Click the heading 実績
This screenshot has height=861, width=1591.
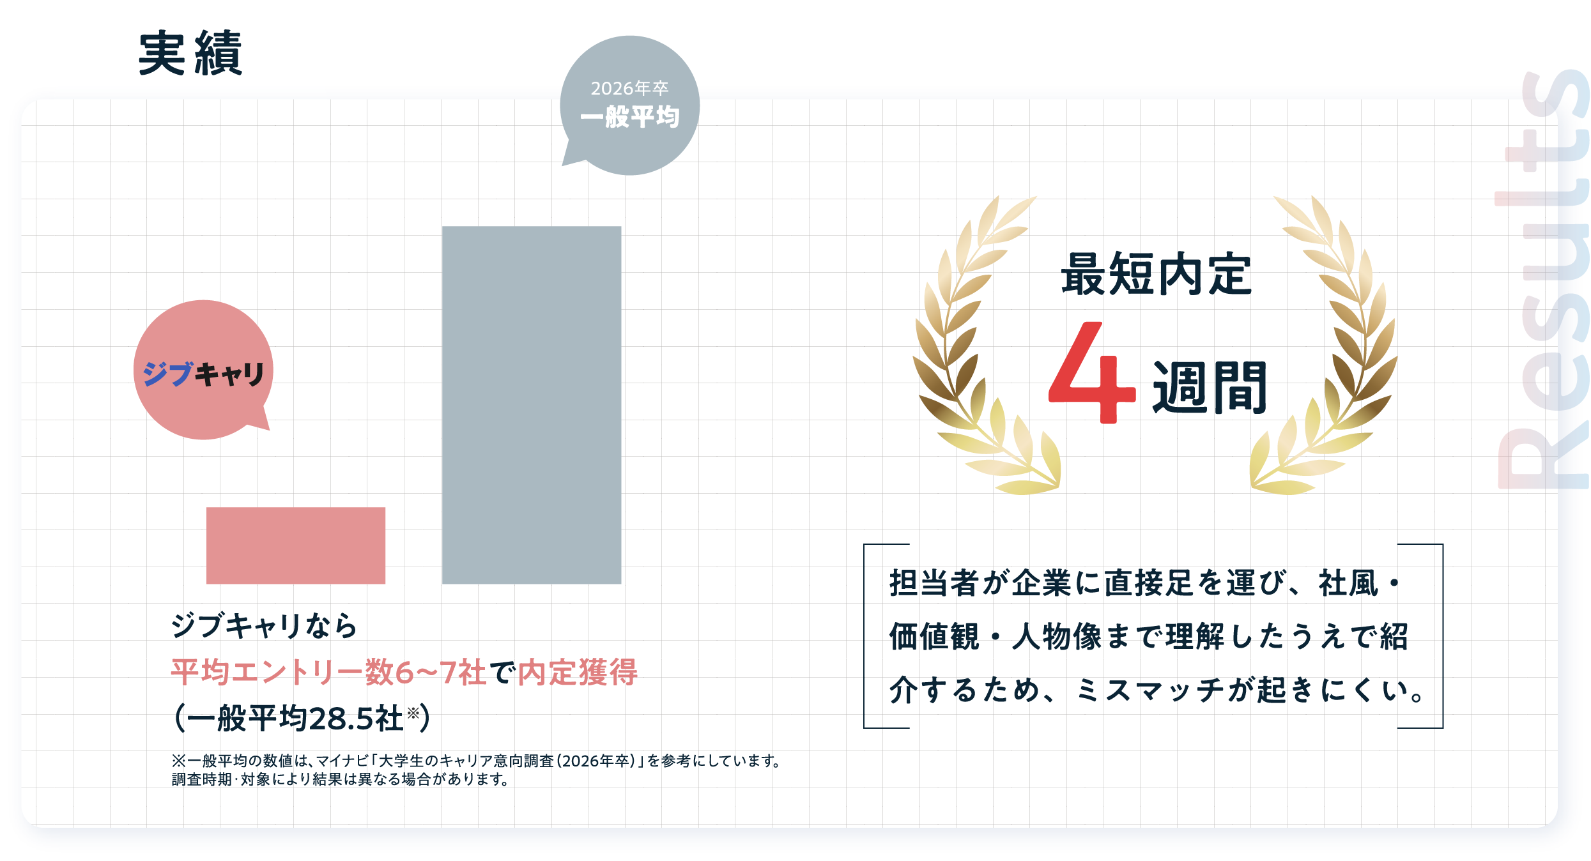click(x=190, y=54)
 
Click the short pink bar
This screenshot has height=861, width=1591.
click(x=295, y=545)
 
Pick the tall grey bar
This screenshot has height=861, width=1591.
click(x=531, y=404)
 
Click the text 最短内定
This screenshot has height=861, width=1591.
click(x=1156, y=275)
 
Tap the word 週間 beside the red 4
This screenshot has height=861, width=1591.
click(x=1209, y=387)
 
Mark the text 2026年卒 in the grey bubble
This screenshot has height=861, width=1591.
click(x=629, y=88)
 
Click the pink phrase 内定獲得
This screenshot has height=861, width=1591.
click(x=578, y=672)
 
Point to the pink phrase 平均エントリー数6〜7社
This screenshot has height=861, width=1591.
click(x=328, y=672)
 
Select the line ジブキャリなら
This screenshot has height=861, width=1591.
click(x=264, y=625)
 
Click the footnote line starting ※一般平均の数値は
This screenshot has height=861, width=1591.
click(x=475, y=761)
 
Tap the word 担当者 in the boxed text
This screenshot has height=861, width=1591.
click(x=934, y=583)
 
